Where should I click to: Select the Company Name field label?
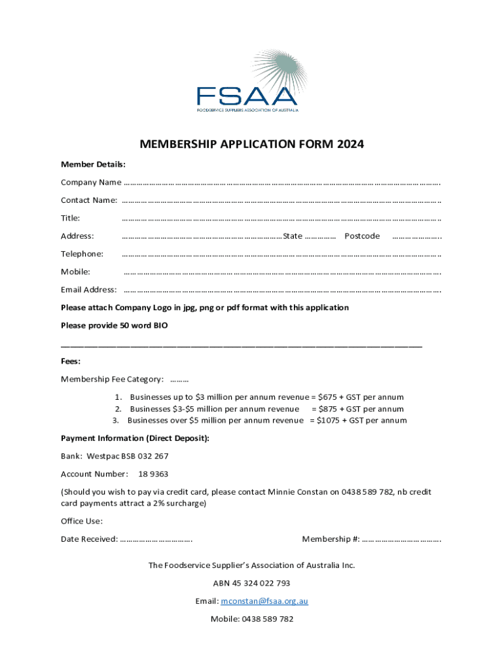(91, 182)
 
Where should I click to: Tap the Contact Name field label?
(89, 200)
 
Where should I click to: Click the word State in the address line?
(293, 236)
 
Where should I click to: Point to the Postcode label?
(362, 236)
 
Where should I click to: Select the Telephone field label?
(82, 254)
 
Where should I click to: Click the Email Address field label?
(88, 290)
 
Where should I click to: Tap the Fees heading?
(71, 361)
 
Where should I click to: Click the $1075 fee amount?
(331, 421)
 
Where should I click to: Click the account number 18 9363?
(153, 474)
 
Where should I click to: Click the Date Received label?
(89, 539)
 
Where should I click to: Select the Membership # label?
(331, 539)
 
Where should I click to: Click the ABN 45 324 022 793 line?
(251, 583)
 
